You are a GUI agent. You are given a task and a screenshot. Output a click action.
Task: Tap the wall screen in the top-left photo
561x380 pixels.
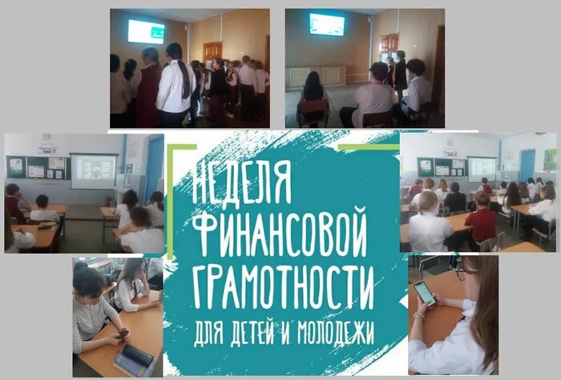tap(146, 31)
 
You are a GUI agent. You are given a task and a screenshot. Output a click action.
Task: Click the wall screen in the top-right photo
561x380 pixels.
tap(326, 25)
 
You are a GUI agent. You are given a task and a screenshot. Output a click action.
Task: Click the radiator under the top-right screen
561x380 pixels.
tap(317, 77)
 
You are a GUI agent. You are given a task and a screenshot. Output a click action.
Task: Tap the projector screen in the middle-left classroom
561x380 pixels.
tap(93, 171)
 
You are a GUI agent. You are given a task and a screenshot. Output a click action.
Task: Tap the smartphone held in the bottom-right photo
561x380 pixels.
tap(425, 293)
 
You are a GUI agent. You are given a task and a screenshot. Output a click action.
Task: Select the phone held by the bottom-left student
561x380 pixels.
tap(121, 334)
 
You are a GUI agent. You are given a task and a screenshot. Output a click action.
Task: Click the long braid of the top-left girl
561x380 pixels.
tap(187, 80)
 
